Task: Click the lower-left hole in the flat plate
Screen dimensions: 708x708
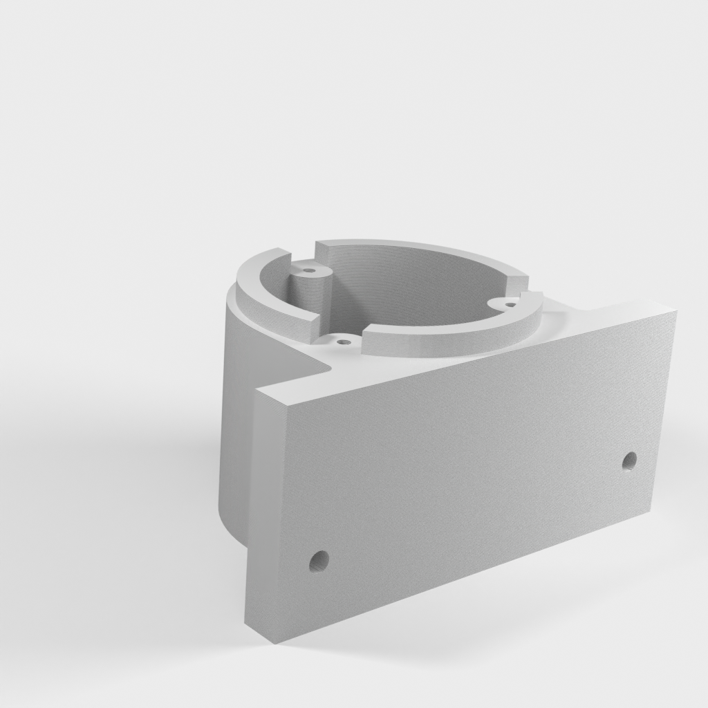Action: coord(318,560)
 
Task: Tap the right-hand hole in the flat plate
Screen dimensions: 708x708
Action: coord(629,460)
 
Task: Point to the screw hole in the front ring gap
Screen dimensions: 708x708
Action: coord(341,340)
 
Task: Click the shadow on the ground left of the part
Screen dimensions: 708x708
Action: coord(138,484)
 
